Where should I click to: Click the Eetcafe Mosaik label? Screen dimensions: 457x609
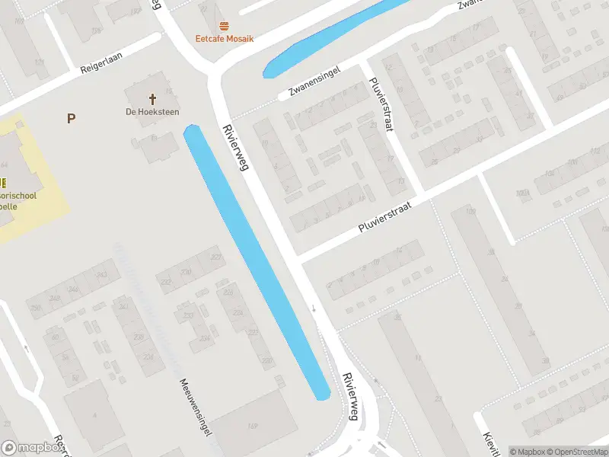tap(225, 38)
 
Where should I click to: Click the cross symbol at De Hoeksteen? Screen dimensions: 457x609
tap(152, 98)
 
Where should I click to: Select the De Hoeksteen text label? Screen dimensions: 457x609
tap(153, 111)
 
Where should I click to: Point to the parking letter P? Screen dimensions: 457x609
tap(72, 118)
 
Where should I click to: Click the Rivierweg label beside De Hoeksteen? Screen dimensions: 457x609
tap(234, 147)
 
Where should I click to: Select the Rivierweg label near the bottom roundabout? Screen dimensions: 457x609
tap(351, 396)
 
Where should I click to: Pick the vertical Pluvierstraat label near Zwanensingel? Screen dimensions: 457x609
tap(381, 105)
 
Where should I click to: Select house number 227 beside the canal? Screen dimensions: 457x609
tap(215, 257)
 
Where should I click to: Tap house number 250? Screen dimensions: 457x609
tap(36, 307)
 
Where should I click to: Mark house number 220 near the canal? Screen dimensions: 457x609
tap(266, 361)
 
